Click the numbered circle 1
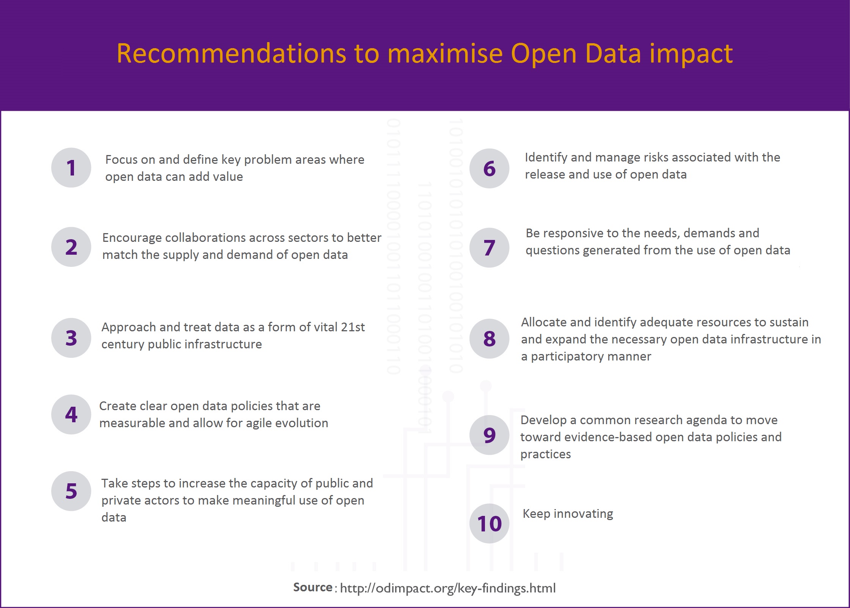(71, 168)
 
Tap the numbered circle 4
(71, 414)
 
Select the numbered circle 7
(489, 248)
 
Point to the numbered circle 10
(489, 523)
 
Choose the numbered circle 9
(489, 435)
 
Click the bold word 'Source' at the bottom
(313, 587)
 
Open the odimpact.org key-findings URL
(448, 588)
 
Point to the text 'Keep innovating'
(568, 514)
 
